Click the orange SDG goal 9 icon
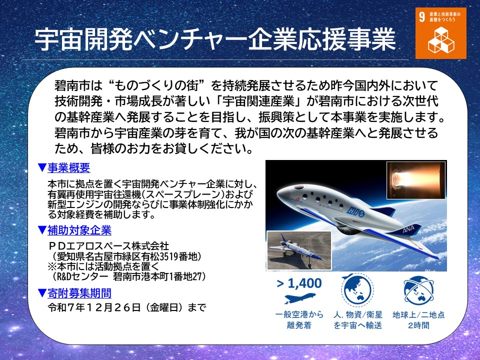coord(441,33)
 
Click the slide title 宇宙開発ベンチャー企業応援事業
coord(215,39)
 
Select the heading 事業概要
coord(69,168)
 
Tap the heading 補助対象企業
coord(79,230)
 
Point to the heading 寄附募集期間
coord(79,293)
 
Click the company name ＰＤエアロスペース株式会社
coord(109,246)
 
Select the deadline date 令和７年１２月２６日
coord(94,307)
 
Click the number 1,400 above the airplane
coord(304,283)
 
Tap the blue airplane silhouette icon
coord(299,297)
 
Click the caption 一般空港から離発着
coord(299,319)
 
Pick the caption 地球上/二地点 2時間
coord(418,319)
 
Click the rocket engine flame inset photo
coord(416,180)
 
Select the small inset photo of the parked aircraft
coord(299,250)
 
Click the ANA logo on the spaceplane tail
coord(408,229)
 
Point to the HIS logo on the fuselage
coord(355,211)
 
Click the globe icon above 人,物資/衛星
coord(357,289)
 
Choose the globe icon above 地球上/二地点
coord(418,290)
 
